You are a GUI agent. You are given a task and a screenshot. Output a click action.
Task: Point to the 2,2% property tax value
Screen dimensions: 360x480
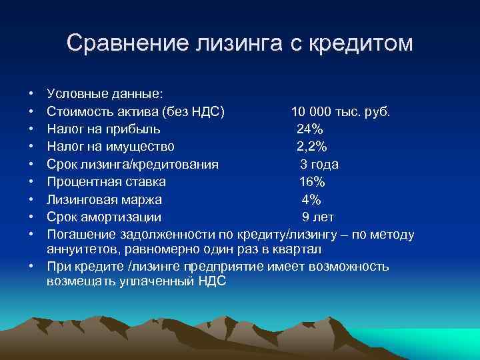(x=312, y=146)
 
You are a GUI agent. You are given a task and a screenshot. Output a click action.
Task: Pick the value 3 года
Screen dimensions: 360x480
(x=319, y=164)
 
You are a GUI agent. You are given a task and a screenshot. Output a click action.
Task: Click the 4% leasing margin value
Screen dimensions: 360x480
(x=311, y=199)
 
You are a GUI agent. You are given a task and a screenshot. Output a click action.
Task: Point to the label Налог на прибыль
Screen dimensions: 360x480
(x=103, y=128)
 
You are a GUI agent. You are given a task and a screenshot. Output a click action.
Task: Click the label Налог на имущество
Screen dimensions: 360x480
(x=110, y=146)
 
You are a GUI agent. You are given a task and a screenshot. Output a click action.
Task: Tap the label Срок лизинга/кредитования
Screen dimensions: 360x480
(x=133, y=164)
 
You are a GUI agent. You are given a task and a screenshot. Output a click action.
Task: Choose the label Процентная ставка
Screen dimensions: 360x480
(x=106, y=181)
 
